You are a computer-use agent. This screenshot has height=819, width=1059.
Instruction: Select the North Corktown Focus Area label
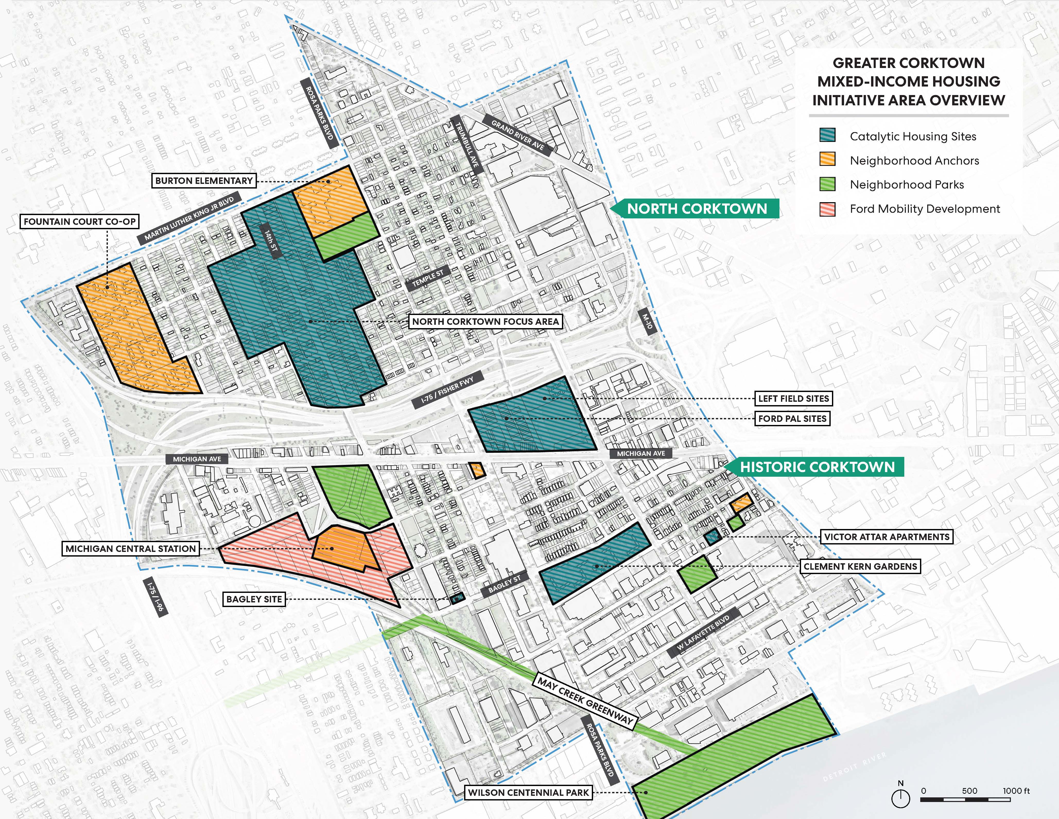[x=485, y=322]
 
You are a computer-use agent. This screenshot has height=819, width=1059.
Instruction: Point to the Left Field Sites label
[x=793, y=399]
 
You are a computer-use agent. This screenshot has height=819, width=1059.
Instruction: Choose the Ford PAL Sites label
[x=792, y=419]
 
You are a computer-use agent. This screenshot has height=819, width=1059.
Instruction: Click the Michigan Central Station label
[x=131, y=549]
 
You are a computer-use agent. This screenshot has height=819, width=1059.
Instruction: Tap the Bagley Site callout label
[x=254, y=599]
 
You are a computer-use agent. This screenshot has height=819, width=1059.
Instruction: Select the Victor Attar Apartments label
[x=887, y=537]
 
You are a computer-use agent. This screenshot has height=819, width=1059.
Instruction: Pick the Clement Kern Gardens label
[x=860, y=566]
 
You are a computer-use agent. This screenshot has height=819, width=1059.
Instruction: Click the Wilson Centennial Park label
[x=528, y=793]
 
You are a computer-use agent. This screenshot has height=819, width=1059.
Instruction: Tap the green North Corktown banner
[x=697, y=209]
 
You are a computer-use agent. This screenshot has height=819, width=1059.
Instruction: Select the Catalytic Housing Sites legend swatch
[x=827, y=136]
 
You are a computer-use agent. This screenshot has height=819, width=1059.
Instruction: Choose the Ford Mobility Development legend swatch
[x=827, y=209]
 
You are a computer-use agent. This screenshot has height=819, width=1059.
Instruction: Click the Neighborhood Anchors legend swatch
[x=827, y=160]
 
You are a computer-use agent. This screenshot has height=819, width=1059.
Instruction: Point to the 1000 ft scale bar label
[x=1016, y=791]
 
